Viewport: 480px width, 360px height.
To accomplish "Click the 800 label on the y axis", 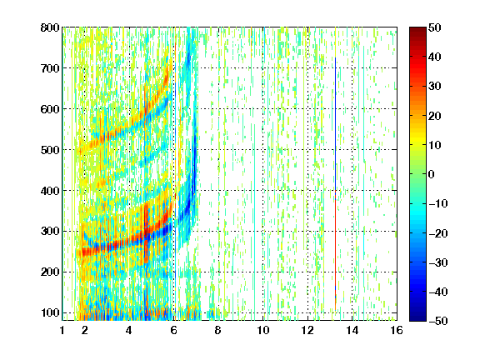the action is [x=50, y=27].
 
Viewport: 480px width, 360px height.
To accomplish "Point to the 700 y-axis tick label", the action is [x=50, y=68].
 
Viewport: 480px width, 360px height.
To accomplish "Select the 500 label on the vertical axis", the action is [x=50, y=150].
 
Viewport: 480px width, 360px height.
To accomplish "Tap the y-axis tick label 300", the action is [x=50, y=232].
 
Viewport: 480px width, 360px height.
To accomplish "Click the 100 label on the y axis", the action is [x=50, y=312].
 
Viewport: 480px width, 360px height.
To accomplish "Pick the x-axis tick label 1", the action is [x=62, y=330].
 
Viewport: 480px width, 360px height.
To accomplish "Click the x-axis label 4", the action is [x=129, y=330].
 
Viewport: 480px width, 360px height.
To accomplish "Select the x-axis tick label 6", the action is [x=173, y=330].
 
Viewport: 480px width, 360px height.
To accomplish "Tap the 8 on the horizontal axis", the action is [x=217, y=330].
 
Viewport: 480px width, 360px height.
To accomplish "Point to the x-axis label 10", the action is [x=263, y=330].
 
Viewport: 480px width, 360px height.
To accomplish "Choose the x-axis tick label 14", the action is [x=352, y=330].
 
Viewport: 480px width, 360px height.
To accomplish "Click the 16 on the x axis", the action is [x=397, y=330].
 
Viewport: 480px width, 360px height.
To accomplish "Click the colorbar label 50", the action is [x=435, y=27].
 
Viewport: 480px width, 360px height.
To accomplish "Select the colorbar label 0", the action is [x=432, y=174].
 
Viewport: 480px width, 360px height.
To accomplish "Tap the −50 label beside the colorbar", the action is [x=438, y=321].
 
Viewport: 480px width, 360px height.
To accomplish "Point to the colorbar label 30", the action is [x=435, y=87].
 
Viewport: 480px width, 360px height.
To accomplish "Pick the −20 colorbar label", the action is [x=438, y=233].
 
